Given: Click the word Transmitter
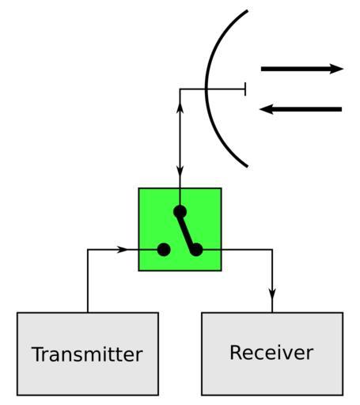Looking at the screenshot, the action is coord(87,354).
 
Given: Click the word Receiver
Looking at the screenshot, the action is coord(271,353).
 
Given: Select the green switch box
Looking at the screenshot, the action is coord(180,229).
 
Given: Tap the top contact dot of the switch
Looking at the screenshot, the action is coord(180,211).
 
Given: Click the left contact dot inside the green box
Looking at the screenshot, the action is coord(164,249).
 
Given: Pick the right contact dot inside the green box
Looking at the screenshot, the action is coord(196,249).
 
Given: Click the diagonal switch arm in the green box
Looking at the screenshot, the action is coord(188,230).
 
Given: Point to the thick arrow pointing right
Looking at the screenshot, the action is coord(302,69).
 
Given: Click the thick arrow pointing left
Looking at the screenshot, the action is coord(301,109).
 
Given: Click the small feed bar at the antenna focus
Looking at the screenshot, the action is coord(245,89).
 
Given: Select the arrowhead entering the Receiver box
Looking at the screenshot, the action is coord(272,294).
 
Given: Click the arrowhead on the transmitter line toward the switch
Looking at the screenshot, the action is coord(122,249).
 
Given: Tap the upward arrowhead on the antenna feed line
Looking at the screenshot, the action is coord(180,108).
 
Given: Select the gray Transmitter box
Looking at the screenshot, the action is coord(88,354).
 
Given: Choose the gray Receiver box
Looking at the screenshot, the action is coord(272,354).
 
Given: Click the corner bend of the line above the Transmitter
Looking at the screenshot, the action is coord(88,249).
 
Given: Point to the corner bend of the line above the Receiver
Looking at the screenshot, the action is coord(272,249).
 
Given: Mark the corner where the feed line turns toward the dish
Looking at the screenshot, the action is coord(180,89).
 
